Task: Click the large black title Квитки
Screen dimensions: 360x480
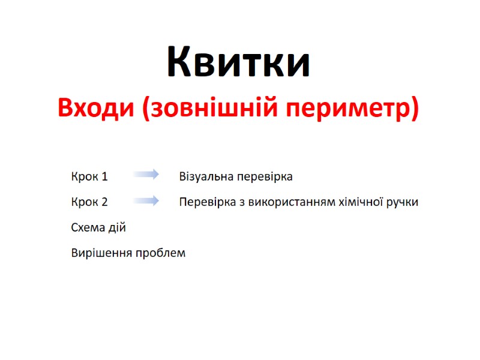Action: pos(238,62)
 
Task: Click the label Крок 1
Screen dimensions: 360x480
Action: pos(89,177)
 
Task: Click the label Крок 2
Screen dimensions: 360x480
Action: pos(89,202)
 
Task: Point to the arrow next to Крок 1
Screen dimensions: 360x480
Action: pos(146,175)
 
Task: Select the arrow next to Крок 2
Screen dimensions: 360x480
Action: pos(146,200)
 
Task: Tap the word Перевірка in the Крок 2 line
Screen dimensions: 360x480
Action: pos(203,202)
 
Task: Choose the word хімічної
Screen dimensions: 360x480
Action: pos(358,202)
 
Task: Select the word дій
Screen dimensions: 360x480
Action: pos(118,228)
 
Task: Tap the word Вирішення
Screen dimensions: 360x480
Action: pos(100,253)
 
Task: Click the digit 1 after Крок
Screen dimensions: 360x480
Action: pos(105,177)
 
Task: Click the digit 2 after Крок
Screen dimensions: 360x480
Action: pos(104,202)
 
